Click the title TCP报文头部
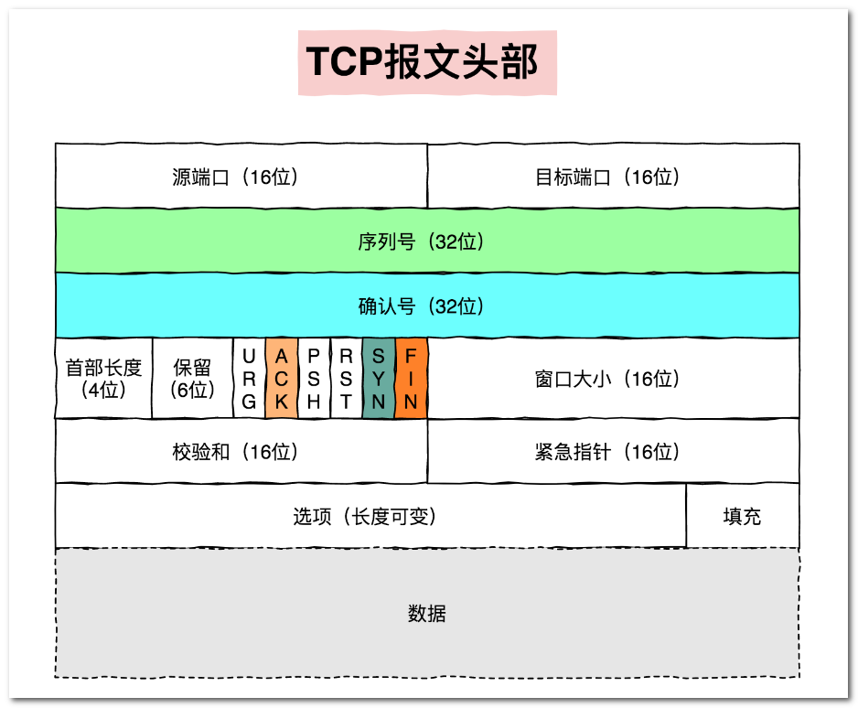(427, 61)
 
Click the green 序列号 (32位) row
(427, 241)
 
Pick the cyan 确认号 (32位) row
(427, 306)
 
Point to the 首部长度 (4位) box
(103, 379)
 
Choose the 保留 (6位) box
(192, 379)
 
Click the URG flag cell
(249, 379)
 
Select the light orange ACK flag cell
(282, 379)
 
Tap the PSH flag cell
(314, 379)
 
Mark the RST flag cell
(346, 379)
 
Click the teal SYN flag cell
(379, 379)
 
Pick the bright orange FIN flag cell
(411, 379)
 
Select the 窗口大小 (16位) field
(613, 379)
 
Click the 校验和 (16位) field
(241, 452)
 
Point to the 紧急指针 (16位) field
(613, 452)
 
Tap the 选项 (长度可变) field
(370, 517)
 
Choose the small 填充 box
(742, 517)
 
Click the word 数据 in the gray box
(427, 613)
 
